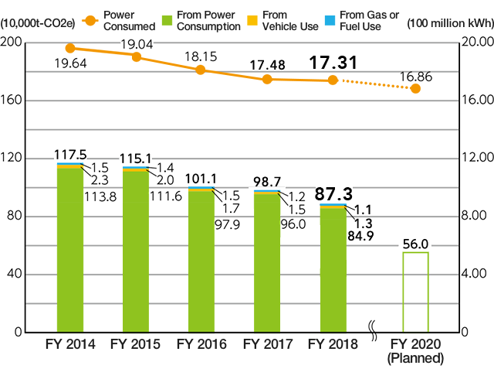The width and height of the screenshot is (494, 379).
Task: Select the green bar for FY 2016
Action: [201, 259]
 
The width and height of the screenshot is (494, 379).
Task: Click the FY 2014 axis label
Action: [69, 344]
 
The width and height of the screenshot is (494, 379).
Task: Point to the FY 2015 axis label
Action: [136, 344]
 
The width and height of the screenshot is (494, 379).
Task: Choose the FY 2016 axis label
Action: [202, 344]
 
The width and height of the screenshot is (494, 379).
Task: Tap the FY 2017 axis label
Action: [268, 344]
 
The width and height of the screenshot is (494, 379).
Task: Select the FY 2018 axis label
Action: [333, 344]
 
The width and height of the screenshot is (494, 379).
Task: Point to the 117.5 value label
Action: [69, 155]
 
